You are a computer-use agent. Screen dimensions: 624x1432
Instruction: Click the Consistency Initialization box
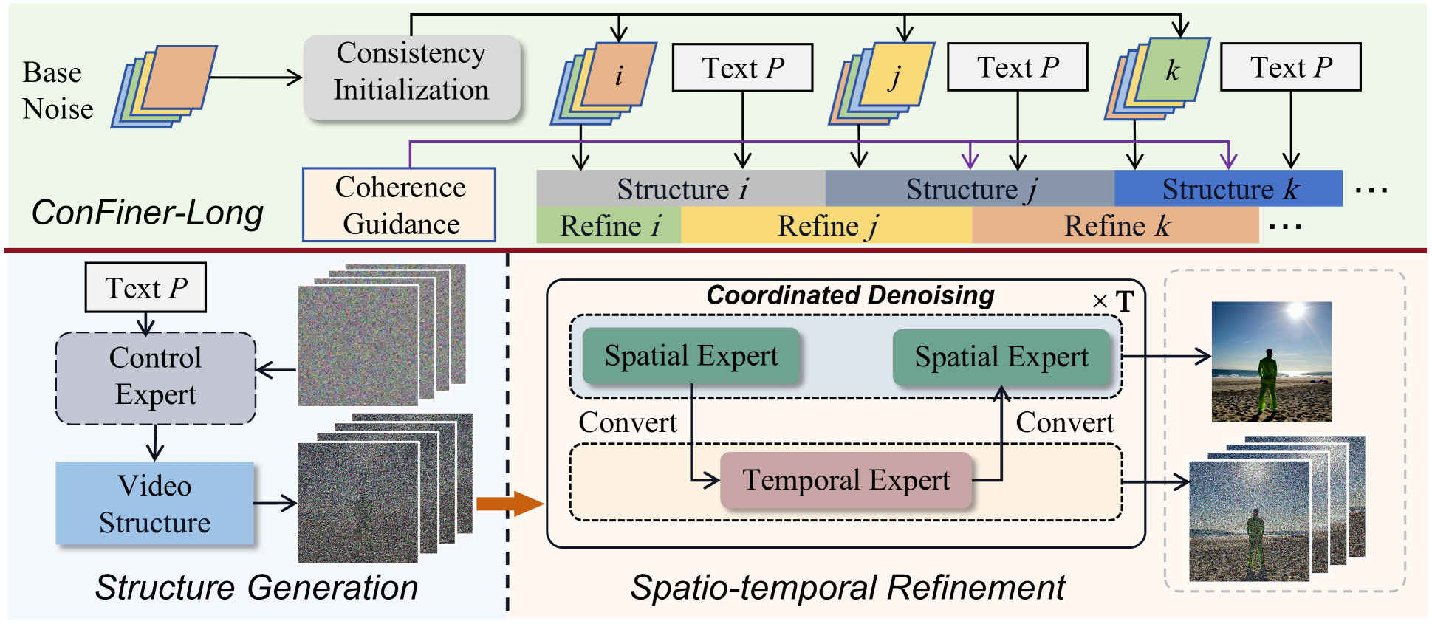click(x=411, y=77)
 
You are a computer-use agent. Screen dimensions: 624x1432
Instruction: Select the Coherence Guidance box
click(x=399, y=205)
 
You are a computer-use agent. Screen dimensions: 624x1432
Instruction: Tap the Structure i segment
click(x=680, y=189)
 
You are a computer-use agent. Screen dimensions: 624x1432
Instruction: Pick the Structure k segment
click(x=1227, y=189)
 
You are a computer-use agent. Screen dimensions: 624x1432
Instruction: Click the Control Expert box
click(x=155, y=377)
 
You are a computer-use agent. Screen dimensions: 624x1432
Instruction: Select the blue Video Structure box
click(x=154, y=504)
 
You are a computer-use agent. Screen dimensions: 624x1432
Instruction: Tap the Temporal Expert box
click(x=846, y=481)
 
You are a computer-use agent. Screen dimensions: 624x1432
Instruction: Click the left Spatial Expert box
click(x=691, y=356)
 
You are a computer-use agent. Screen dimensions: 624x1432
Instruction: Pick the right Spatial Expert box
click(x=1001, y=357)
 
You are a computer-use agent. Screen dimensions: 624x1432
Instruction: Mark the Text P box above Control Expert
click(x=145, y=288)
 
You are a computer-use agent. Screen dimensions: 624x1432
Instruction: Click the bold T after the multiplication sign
click(x=1124, y=301)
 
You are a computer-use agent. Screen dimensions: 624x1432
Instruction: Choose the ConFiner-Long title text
click(x=147, y=213)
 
